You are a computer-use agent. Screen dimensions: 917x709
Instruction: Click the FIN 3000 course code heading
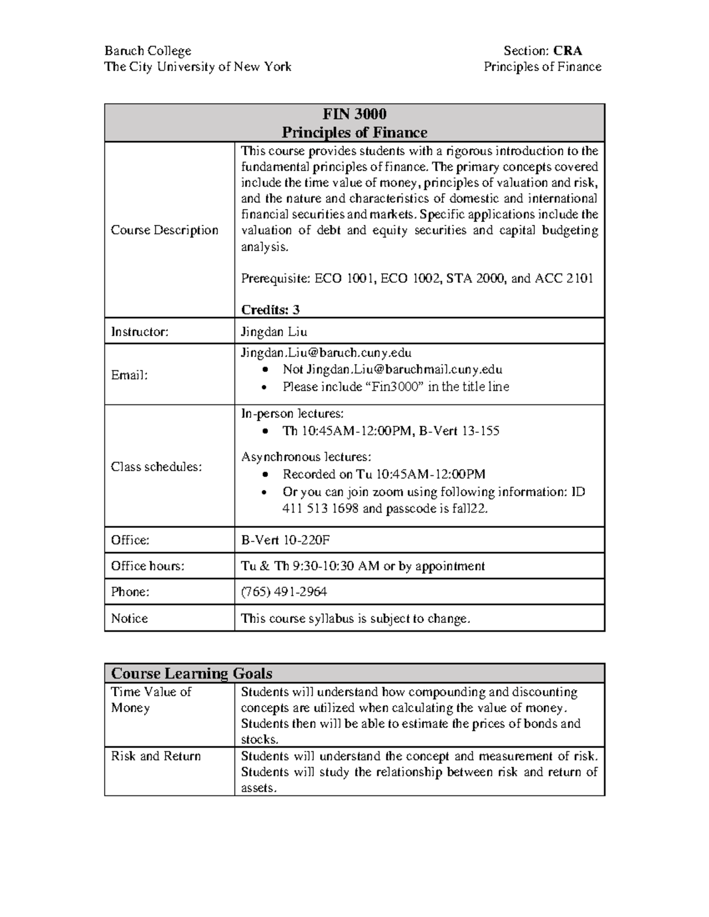coord(354,114)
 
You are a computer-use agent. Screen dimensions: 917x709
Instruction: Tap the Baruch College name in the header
coord(148,51)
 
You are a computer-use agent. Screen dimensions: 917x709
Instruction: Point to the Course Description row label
coord(164,230)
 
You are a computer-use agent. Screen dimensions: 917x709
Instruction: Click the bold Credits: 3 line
coord(270,309)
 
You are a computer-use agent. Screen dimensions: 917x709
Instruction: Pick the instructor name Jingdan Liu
coord(274,332)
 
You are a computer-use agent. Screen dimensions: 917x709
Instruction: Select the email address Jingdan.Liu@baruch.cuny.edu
coord(326,353)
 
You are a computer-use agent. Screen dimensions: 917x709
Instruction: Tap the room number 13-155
coord(481,431)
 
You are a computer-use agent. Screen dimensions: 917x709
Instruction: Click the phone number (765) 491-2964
coord(284,592)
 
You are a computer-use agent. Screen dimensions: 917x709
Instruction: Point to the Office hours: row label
coord(148,566)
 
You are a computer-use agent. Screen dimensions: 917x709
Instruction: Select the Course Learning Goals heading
coord(191,673)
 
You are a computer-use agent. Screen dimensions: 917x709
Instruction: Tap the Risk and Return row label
coord(156,756)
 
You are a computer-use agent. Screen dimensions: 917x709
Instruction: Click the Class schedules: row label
coord(157,466)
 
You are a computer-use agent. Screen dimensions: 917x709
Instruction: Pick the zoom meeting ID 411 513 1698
coord(320,508)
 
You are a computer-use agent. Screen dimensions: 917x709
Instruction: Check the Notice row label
coord(129,618)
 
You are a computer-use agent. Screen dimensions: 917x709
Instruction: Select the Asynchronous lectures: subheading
coord(306,456)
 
